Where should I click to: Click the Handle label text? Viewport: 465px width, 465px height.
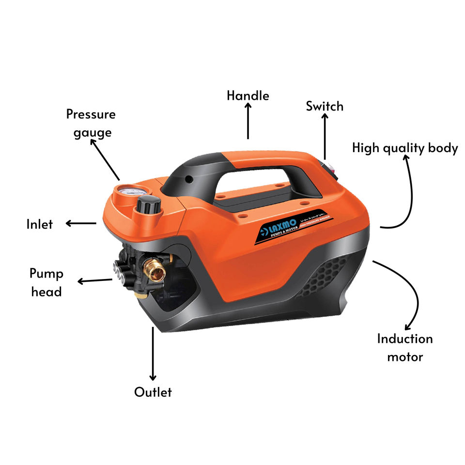point(248,95)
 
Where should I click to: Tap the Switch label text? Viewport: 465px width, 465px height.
point(324,106)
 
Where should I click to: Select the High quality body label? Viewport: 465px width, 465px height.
point(405,148)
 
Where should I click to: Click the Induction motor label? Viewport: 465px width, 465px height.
point(405,348)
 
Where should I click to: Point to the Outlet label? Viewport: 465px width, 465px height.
point(153,392)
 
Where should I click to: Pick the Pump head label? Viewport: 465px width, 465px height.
point(46,282)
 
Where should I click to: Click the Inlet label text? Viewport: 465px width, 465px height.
point(39,224)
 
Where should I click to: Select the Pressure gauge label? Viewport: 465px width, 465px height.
point(91,123)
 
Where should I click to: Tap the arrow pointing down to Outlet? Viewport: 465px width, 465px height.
point(153,354)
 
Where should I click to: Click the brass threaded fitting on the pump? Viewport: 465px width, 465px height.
point(156,270)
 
